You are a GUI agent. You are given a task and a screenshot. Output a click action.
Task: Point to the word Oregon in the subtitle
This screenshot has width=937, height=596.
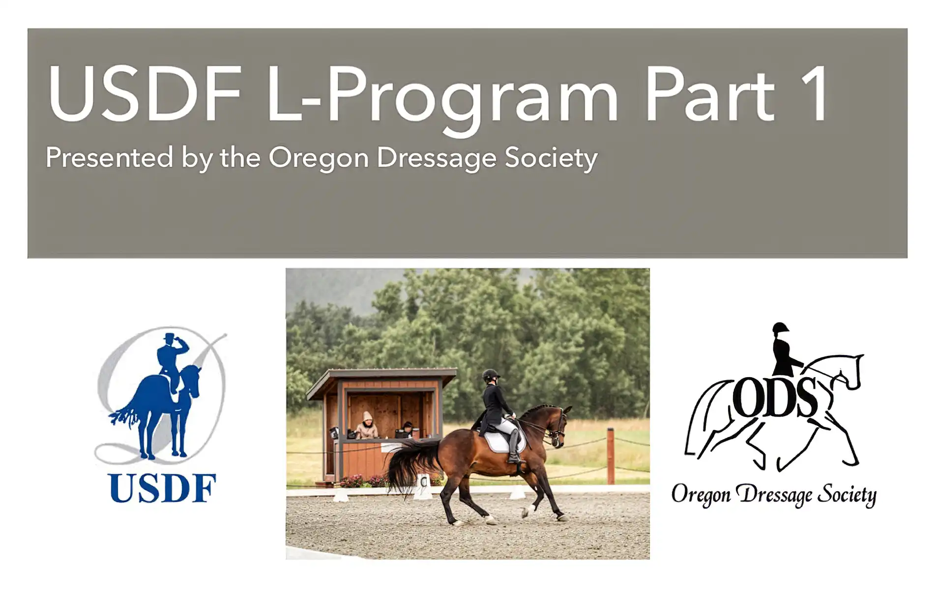tap(319, 158)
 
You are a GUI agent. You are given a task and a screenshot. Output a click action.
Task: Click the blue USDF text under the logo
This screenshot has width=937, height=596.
tap(162, 488)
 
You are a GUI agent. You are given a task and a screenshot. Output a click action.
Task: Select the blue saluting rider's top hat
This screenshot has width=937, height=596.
tap(170, 338)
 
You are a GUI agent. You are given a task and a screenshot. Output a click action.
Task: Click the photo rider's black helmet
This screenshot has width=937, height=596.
tap(490, 375)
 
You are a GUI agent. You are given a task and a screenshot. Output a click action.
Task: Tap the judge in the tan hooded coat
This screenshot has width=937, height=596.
tap(366, 426)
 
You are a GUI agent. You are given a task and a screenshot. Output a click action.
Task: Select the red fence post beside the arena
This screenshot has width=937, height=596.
tap(611, 455)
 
